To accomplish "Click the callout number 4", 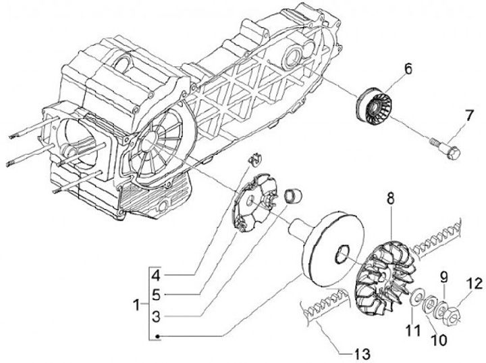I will click(x=155, y=276).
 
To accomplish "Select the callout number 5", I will click(x=155, y=294).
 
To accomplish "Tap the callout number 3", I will click(x=155, y=316).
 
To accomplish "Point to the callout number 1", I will click(x=137, y=305).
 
